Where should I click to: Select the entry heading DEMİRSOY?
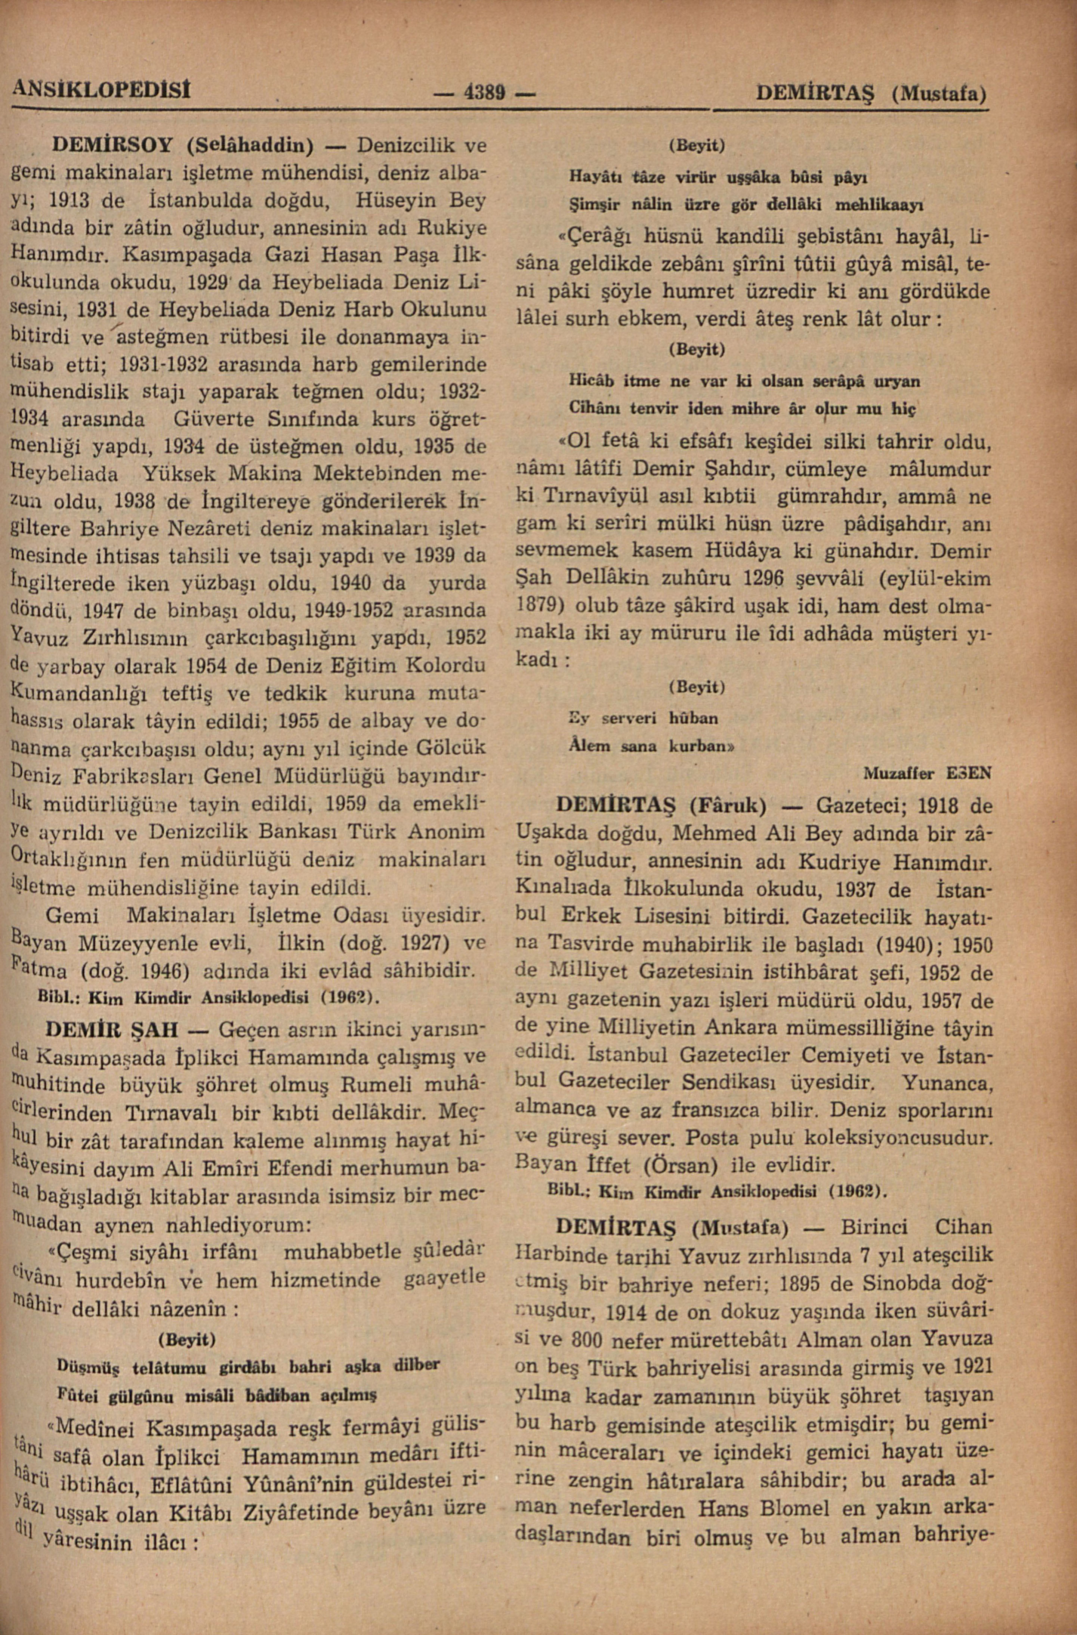[x=115, y=146]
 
